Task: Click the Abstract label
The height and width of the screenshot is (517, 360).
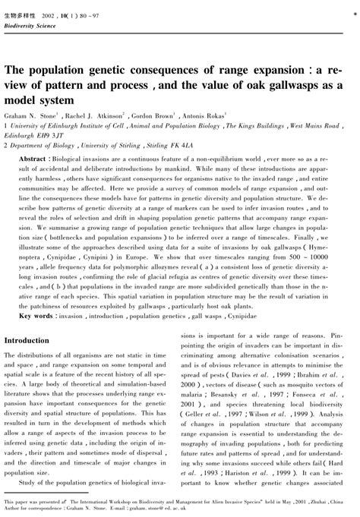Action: pyautogui.click(x=34, y=162)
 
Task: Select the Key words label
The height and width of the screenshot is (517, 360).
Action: pyautogui.click(x=34, y=314)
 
